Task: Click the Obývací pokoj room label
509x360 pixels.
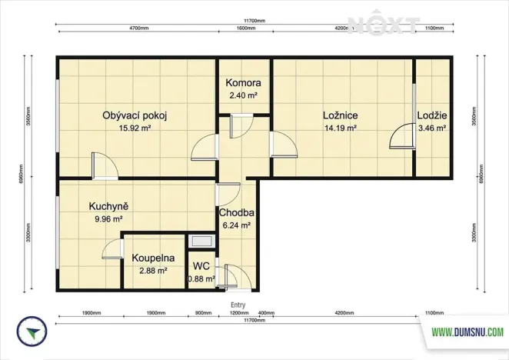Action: pos(135,116)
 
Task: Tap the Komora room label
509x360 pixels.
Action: pos(243,83)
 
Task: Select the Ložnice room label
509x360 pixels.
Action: pos(340,116)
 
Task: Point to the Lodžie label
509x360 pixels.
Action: pos(431,116)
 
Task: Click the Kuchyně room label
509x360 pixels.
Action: pos(108,206)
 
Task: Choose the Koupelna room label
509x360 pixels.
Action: pos(152,258)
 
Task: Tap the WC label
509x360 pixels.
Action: pos(202,265)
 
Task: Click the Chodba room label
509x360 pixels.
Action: pos(237,213)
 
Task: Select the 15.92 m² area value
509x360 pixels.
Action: pos(135,129)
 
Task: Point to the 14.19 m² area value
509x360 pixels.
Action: pos(340,129)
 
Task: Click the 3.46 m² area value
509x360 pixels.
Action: pos(431,129)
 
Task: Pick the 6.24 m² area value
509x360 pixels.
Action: pos(237,226)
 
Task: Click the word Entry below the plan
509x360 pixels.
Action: pos(238,305)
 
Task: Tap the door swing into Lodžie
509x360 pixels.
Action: pos(401,136)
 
